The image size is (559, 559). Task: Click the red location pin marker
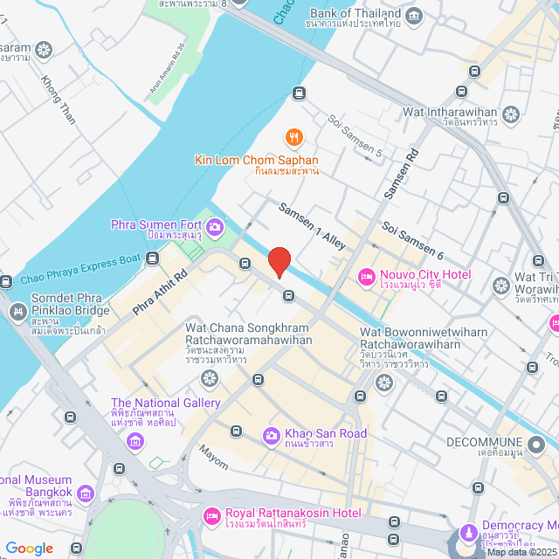(279, 261)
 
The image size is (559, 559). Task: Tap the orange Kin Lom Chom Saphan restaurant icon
(294, 137)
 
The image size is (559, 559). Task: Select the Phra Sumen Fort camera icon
(214, 227)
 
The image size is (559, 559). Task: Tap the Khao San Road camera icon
(272, 435)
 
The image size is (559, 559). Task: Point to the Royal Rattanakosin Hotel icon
(211, 516)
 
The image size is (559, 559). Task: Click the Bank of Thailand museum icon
(414, 16)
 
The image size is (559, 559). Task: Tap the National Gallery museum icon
(135, 442)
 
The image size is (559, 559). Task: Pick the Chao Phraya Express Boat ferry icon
(153, 258)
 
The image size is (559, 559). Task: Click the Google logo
(30, 548)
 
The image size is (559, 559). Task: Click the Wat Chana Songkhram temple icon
(209, 377)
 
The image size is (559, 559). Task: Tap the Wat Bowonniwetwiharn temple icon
(383, 383)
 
